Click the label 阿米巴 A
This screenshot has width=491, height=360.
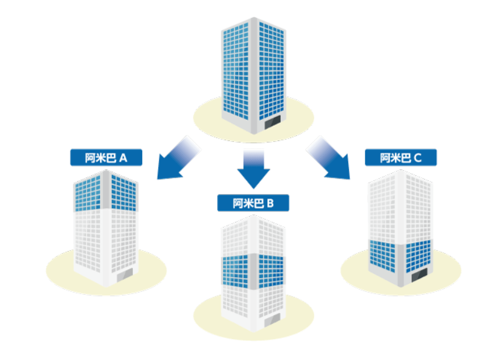106,157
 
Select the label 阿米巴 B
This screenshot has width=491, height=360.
253,203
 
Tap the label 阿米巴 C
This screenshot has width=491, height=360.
401,157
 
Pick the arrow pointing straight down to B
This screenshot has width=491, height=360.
253,168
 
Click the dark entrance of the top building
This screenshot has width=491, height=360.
273,122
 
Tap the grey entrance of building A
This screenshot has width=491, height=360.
125,275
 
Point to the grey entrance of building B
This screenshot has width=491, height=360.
273,320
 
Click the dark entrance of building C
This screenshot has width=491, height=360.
419,275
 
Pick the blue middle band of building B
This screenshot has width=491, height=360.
253,271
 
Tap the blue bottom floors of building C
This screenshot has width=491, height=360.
401,256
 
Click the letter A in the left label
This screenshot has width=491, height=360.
123,158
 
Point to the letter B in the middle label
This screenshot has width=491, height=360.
270,203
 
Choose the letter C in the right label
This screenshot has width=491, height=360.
418,158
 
